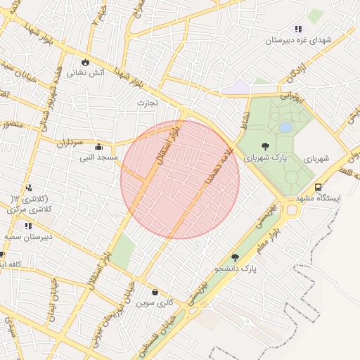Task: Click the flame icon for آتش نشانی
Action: coord(86,62)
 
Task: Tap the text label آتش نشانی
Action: coord(86,72)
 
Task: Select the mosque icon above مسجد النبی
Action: coord(98,147)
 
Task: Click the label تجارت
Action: coord(148,103)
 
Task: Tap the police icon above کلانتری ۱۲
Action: coord(29,188)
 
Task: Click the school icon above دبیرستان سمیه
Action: coord(29,226)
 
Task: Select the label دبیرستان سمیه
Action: coord(29,237)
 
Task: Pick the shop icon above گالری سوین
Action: coord(155,291)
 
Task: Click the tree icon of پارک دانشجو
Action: coord(235,257)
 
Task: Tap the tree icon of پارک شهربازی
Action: coord(265,147)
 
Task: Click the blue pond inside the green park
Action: coord(285,127)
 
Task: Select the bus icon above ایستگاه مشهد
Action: coord(319,188)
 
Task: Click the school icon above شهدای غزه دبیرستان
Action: coord(298,29)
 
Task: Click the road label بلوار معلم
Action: coord(278,238)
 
